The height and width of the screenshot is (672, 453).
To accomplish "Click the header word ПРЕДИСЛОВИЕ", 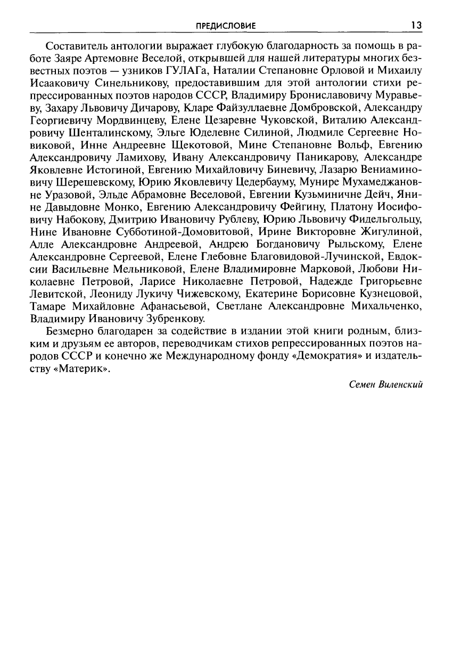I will point(226,25).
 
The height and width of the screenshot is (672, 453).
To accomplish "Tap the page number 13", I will point(416,25).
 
